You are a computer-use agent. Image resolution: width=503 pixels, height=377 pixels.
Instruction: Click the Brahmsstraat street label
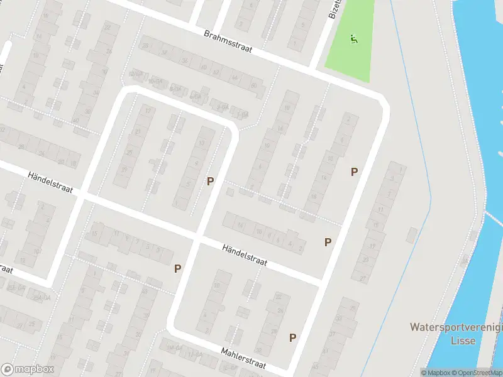coord(228,43)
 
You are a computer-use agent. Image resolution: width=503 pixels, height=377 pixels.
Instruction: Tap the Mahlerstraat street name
coord(243,358)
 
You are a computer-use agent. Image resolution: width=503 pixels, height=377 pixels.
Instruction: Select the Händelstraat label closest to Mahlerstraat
coord(245,256)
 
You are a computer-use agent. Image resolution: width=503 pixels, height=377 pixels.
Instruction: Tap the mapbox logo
coord(28,369)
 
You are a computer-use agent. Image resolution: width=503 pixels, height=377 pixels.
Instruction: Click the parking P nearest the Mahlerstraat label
coord(292,338)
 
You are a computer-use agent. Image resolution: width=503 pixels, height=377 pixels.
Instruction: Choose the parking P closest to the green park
coord(354,172)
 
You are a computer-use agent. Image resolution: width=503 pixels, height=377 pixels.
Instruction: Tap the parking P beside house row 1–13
coord(210,181)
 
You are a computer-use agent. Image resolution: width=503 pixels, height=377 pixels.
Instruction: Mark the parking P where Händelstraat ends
coord(328,243)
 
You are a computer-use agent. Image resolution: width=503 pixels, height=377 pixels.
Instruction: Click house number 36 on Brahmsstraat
coord(184,61)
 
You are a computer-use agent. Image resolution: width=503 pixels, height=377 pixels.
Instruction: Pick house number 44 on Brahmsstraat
coord(235,77)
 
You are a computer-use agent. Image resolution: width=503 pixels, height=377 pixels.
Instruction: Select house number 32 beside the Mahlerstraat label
coord(258,350)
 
